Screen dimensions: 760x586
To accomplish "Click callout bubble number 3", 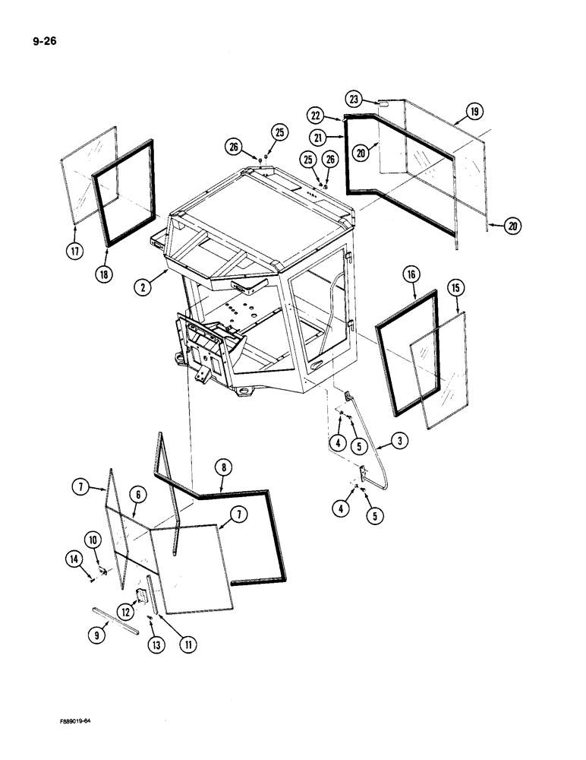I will point(397,440).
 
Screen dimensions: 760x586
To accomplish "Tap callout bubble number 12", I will point(124,610).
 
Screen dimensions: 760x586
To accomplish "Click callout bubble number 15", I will point(455,287).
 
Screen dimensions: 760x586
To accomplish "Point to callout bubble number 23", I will point(354,98).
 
